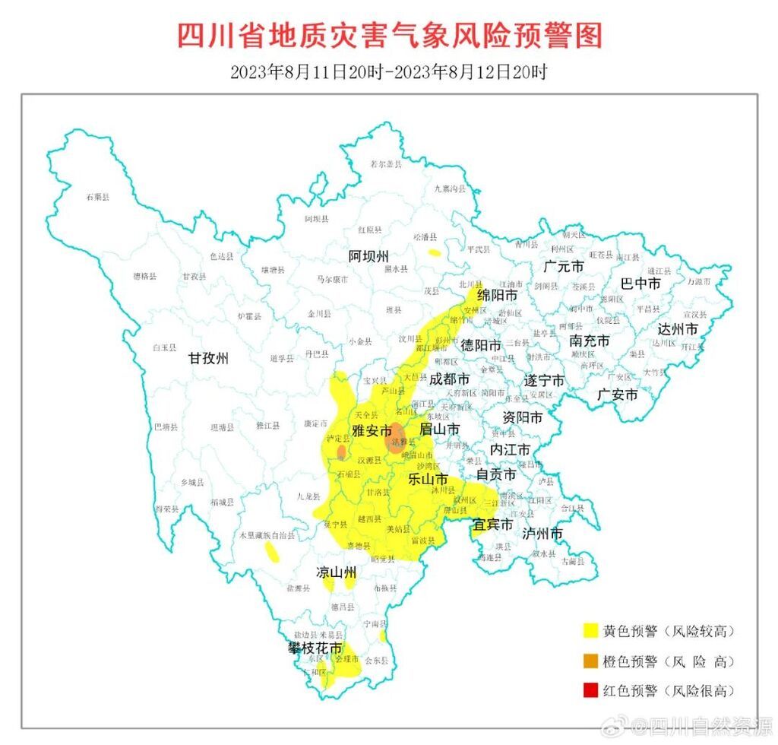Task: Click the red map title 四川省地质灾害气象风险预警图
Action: coord(389,36)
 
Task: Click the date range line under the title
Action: coord(389,72)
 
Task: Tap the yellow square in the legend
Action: coord(590,630)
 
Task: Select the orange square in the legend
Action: coord(590,661)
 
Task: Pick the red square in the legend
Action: coord(590,690)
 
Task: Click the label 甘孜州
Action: coord(209,359)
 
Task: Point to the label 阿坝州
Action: coord(368,255)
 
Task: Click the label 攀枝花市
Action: coord(313,648)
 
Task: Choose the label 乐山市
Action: coord(428,479)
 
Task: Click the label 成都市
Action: coord(449,379)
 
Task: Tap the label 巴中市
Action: coord(640,284)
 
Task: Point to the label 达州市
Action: coord(677,329)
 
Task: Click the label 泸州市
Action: coord(542,534)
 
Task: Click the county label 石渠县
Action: coord(97,197)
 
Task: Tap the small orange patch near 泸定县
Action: coord(341,452)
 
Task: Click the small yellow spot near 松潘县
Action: coord(434,252)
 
